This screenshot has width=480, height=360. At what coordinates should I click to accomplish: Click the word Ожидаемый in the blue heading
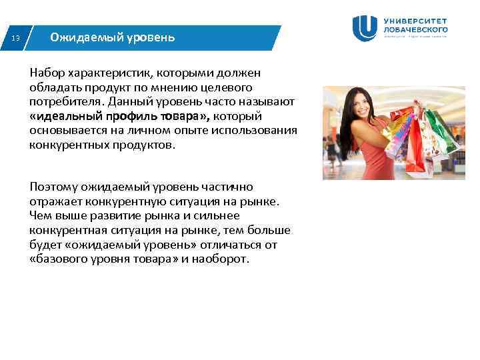[x=78, y=37]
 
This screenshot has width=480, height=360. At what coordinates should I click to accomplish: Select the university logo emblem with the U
[x=365, y=28]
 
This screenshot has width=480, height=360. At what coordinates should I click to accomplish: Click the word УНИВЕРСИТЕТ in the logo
[x=415, y=21]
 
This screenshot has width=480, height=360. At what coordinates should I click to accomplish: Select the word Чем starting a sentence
[x=40, y=215]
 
